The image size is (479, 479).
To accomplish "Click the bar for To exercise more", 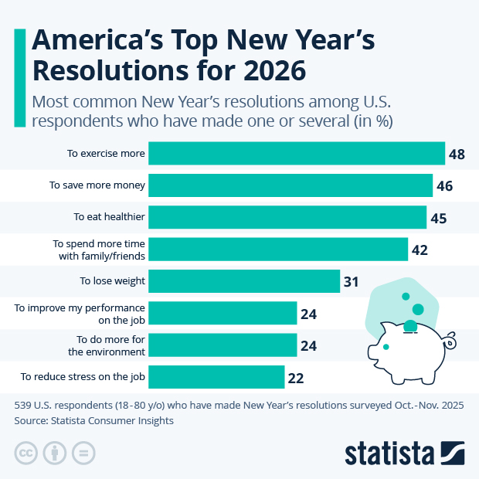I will [x=297, y=153].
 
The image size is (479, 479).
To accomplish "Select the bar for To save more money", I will [x=290, y=185].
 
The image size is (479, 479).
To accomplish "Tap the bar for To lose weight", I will [x=244, y=281].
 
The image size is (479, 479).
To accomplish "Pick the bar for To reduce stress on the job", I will [x=216, y=377].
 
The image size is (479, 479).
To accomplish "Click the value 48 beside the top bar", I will [x=457, y=155].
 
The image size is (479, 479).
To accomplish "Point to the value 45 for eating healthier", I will [x=439, y=219].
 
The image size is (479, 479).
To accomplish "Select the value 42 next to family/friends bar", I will [x=420, y=250].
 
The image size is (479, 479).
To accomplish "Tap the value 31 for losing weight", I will [x=352, y=282].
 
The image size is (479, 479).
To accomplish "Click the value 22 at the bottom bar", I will [x=296, y=378].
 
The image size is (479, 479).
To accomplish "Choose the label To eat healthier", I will [x=109, y=217].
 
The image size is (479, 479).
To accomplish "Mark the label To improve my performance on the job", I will [x=80, y=313].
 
